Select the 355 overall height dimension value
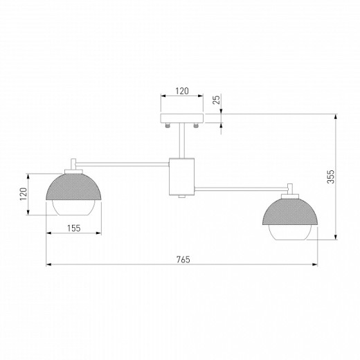[331, 177]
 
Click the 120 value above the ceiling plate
[182, 91]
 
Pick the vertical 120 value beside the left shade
[24, 195]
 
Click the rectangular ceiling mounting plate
[182, 118]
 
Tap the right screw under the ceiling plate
[197, 125]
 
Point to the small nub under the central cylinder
[182, 197]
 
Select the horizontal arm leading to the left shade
[125, 164]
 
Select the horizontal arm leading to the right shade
[242, 186]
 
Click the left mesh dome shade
[74, 186]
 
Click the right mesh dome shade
[290, 212]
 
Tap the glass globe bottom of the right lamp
[290, 235]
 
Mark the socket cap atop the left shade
[73, 165]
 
